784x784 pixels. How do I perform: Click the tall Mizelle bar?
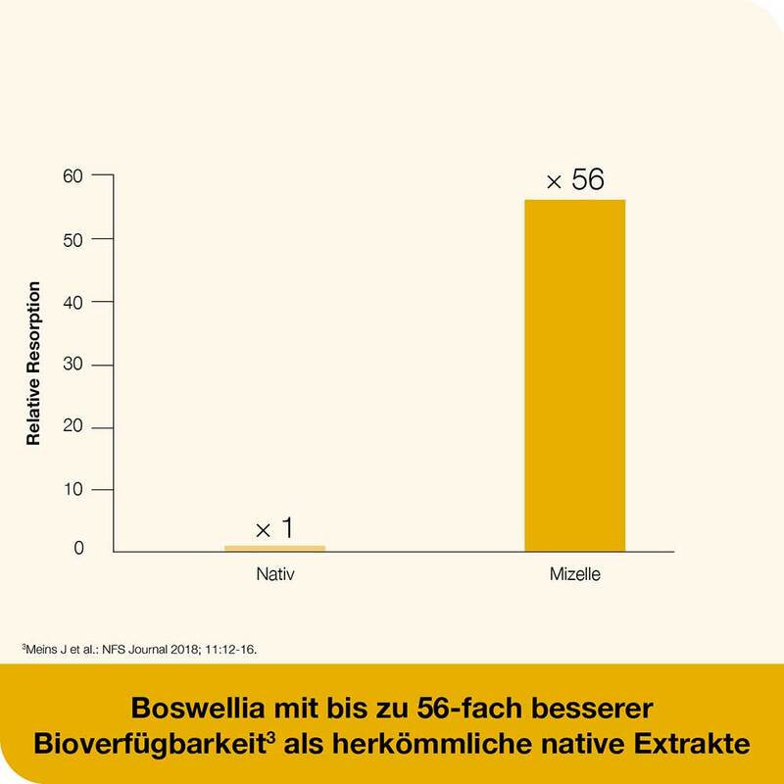click(x=574, y=374)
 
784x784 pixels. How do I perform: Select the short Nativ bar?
click(x=274, y=548)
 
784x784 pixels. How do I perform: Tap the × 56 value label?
click(x=575, y=180)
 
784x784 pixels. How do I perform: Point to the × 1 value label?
click(x=274, y=529)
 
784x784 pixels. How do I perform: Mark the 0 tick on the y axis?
click(x=79, y=551)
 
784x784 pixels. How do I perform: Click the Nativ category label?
click(x=274, y=574)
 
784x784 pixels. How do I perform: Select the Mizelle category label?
click(x=575, y=574)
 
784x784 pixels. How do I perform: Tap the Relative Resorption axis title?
click(x=34, y=364)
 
